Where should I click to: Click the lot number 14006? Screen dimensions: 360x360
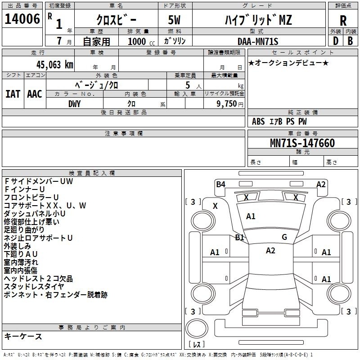coord(22,19)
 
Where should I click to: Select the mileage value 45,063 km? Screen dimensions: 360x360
coord(55,65)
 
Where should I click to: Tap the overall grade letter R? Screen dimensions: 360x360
coord(343,21)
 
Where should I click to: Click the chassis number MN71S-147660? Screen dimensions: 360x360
coord(302,143)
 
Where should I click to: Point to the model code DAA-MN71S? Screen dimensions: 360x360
coord(258,41)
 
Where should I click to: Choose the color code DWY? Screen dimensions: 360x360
coord(74,104)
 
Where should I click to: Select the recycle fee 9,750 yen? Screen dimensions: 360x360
coord(230,104)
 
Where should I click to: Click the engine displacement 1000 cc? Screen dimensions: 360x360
coord(141,41)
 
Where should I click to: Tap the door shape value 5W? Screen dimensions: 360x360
coord(174,20)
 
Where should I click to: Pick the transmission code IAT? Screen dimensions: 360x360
coord(13,94)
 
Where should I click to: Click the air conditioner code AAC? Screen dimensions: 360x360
coord(35,94)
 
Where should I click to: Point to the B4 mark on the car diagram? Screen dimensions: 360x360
coord(220,184)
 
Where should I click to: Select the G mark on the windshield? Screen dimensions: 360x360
coord(284,237)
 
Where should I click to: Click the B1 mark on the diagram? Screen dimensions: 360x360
coord(239,237)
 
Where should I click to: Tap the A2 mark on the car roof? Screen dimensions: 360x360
coord(270,251)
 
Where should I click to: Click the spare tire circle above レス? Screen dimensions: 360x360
coord(197,328)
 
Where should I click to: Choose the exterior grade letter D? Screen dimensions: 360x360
coord(336,41)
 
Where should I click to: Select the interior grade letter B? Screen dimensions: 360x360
coord(350,41)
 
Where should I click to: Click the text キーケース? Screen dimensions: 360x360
coord(23,337)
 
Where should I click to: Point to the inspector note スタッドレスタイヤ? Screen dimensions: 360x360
coord(34,287)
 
